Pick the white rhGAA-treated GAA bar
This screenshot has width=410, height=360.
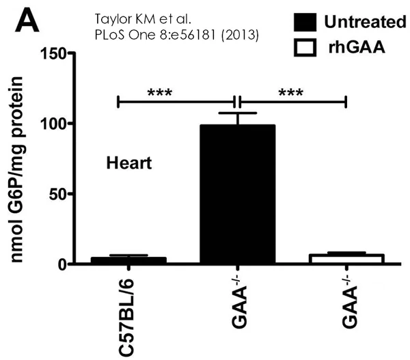pos(346,259)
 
